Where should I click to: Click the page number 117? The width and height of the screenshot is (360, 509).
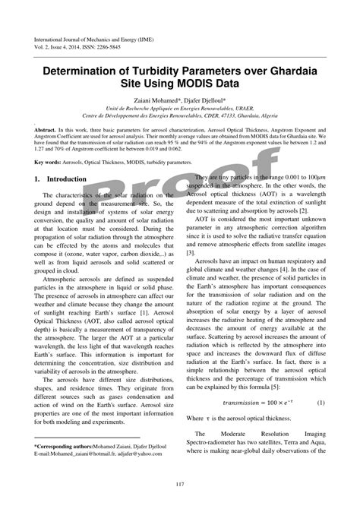coord(180,485)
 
